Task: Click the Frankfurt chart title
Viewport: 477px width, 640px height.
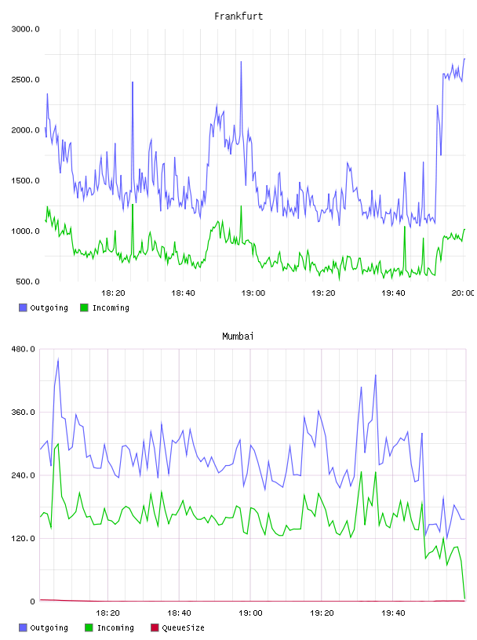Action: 238,16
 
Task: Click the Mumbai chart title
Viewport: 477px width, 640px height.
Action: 238,336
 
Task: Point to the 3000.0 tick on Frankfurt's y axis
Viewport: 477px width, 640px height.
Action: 25,29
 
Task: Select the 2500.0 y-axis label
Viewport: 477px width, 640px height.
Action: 25,79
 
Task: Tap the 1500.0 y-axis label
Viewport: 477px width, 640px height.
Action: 25,181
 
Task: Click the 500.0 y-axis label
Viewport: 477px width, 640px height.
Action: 27,282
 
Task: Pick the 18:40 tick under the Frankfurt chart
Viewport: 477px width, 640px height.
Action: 183,293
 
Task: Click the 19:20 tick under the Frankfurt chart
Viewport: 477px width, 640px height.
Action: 323,293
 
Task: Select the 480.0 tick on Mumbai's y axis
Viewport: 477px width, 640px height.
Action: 24,349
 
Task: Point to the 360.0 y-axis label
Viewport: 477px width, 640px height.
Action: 24,413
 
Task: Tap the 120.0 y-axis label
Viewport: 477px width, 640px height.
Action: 24,538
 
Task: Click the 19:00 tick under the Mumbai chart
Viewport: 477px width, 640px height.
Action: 250,613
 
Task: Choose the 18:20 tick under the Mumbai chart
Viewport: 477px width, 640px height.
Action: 107,613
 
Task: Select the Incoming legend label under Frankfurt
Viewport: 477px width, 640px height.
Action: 111,307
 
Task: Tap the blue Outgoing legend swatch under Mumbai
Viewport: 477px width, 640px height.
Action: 23,627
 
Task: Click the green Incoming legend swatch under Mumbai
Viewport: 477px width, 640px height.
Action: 89,627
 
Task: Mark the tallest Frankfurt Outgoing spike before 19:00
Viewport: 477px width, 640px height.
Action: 241,62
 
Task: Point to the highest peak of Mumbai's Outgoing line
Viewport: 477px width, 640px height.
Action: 58,359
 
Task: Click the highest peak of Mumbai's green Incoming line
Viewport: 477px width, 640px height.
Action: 58,444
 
